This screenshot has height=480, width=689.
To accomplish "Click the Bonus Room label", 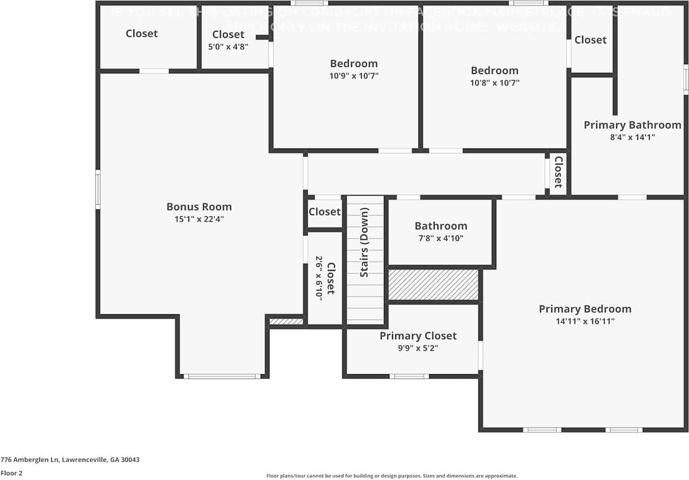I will point(199,207).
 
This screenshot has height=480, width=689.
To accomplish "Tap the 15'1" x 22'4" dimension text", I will point(199,219).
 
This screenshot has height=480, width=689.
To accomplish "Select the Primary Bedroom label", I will point(585,309).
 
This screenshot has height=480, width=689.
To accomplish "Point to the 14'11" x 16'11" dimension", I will point(585,321).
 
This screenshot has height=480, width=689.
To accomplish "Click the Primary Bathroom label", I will point(632,125).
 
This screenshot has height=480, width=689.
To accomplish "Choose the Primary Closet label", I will point(418,336).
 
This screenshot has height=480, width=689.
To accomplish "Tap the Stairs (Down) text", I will point(364,242).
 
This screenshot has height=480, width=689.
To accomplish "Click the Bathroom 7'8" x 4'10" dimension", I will point(441,238).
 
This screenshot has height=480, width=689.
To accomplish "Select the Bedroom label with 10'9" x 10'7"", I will point(354,63).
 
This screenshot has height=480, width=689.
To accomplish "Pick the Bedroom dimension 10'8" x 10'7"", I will point(495,83).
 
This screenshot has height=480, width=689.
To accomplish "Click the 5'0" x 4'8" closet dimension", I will point(228,46).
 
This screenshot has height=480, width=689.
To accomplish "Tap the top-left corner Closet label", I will point(141,33).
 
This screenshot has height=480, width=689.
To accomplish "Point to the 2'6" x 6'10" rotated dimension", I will point(319,278).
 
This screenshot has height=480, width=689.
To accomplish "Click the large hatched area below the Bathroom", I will point(433,285).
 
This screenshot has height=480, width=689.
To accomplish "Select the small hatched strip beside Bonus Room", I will point(286,322).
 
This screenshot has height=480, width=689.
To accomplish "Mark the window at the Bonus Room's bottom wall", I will point(222,376).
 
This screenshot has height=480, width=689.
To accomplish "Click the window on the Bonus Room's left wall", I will point(98,189).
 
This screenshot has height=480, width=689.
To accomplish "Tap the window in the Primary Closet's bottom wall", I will point(409,376).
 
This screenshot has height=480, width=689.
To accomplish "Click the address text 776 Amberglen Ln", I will point(70,460).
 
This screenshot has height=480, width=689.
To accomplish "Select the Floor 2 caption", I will point(11,473).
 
